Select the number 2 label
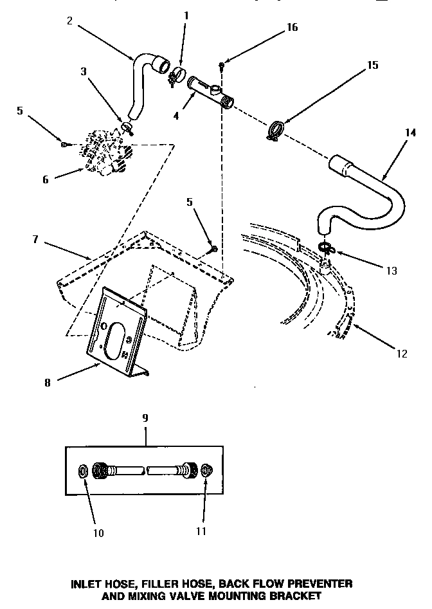point(69,19)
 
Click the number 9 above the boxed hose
point(145,418)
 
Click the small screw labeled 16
point(221,64)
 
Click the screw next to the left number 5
point(63,143)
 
